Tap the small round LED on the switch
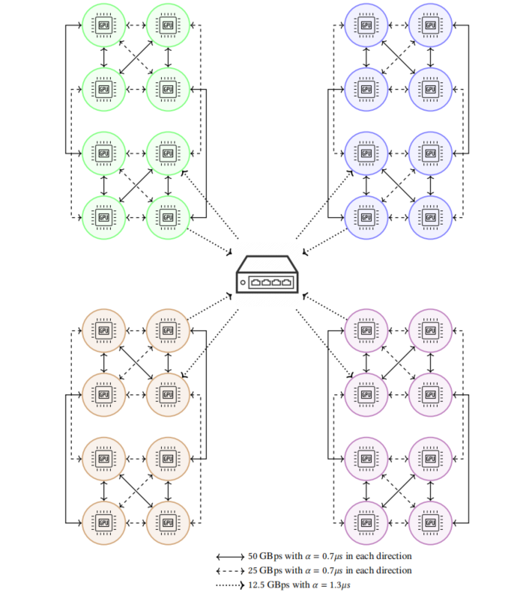click(x=243, y=283)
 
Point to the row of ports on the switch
click(x=270, y=283)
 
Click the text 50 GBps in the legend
click(x=263, y=557)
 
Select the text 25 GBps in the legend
click(x=263, y=571)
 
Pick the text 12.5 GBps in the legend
click(x=267, y=585)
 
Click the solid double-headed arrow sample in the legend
click(x=229, y=558)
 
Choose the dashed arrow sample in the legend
click(x=229, y=571)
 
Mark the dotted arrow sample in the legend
click(x=229, y=585)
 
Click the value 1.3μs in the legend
click(x=339, y=585)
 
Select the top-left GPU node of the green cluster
click(x=103, y=25)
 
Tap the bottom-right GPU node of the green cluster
click(x=167, y=218)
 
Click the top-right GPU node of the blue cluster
click(x=430, y=25)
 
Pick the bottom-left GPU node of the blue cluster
click(x=366, y=218)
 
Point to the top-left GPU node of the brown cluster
click(x=103, y=330)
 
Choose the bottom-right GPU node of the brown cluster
click(x=167, y=521)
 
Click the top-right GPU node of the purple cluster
click(x=430, y=330)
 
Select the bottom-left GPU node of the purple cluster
click(x=366, y=521)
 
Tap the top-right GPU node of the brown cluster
click(x=167, y=330)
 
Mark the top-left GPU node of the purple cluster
click(x=366, y=330)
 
